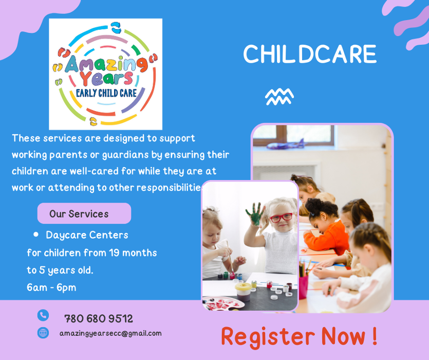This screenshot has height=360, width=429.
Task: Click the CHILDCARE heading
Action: tap(310, 53)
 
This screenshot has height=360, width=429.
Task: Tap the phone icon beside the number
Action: tap(43, 315)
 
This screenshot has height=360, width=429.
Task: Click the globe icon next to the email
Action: tap(43, 333)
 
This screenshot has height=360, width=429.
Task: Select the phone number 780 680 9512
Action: tap(99, 319)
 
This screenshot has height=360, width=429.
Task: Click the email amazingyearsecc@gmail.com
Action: tap(110, 333)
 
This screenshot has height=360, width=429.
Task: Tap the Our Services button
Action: tap(84, 213)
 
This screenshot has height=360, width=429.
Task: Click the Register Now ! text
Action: tap(300, 337)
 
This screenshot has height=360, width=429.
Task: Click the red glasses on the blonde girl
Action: tap(281, 218)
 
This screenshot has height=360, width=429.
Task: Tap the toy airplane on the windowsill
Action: tap(286, 145)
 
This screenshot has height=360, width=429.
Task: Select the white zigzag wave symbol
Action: tap(279, 97)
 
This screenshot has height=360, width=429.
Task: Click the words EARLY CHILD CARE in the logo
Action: tap(106, 93)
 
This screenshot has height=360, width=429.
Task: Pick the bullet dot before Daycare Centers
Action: tap(36, 235)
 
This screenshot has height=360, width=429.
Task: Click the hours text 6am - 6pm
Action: tap(51, 287)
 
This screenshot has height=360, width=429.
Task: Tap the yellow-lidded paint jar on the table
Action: tap(243, 292)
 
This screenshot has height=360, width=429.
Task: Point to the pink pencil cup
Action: tap(303, 287)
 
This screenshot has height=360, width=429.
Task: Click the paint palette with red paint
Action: tap(223, 303)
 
